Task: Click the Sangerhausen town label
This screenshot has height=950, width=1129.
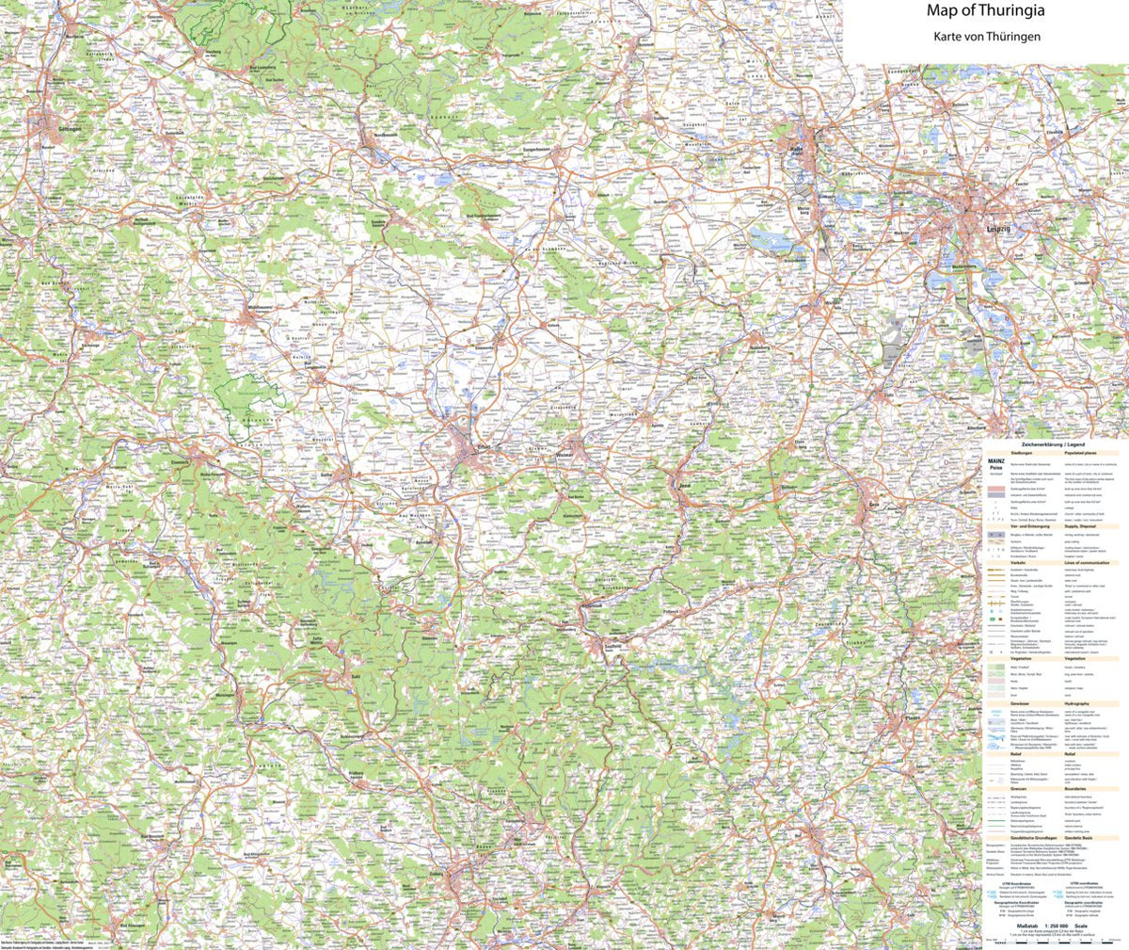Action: pyautogui.click(x=543, y=149)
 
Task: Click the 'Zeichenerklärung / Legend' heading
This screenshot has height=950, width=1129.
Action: pyautogui.click(x=1050, y=443)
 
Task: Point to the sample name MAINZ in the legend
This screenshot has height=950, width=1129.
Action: pyautogui.click(x=995, y=461)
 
